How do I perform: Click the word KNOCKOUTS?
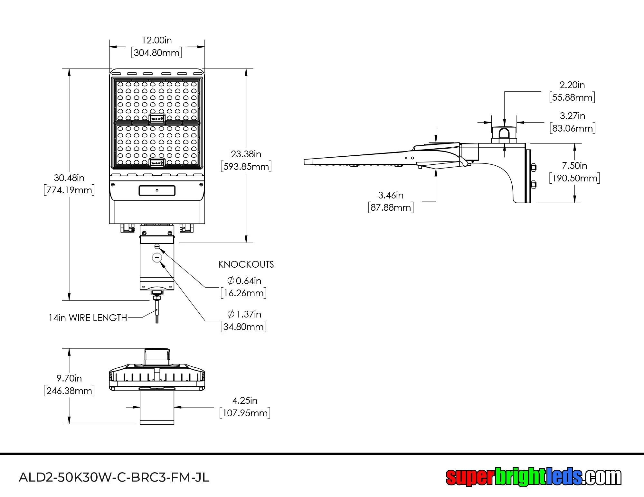(246, 264)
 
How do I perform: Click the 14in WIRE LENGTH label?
(88, 318)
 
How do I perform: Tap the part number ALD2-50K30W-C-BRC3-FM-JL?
(114, 477)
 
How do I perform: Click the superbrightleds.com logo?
(533, 477)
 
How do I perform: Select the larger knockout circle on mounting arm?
(157, 257)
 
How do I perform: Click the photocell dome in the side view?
(504, 135)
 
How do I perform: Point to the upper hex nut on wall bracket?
(533, 167)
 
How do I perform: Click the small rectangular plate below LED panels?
(157, 190)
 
